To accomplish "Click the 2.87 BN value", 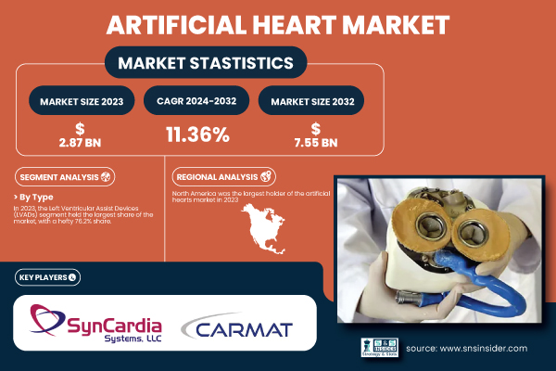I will [82, 142].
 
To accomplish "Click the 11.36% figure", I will [197, 135].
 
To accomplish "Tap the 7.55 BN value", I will [316, 142].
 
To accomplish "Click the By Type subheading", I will [38, 198].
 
